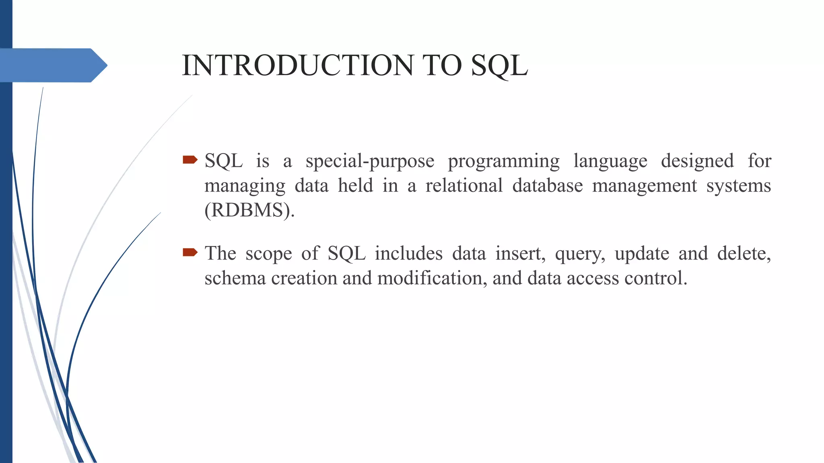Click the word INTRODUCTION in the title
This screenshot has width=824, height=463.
298,66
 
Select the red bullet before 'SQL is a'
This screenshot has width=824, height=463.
190,160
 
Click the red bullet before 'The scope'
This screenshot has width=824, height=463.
190,252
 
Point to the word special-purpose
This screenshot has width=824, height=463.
370,162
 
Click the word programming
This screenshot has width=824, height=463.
504,162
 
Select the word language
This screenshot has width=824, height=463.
610,162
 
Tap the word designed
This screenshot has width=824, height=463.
697,162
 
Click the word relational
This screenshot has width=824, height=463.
464,186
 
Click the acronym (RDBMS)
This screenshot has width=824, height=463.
249,210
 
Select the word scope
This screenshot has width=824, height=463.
268,254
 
